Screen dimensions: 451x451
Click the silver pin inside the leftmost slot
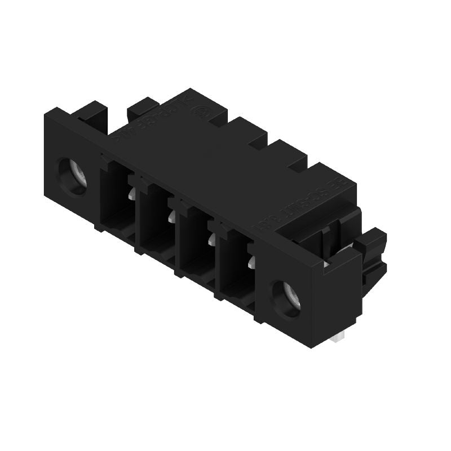click(x=131, y=194)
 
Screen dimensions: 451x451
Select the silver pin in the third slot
click(x=211, y=240)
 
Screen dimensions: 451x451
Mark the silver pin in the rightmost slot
click(x=251, y=262)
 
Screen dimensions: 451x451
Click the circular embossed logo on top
click(x=198, y=111)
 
